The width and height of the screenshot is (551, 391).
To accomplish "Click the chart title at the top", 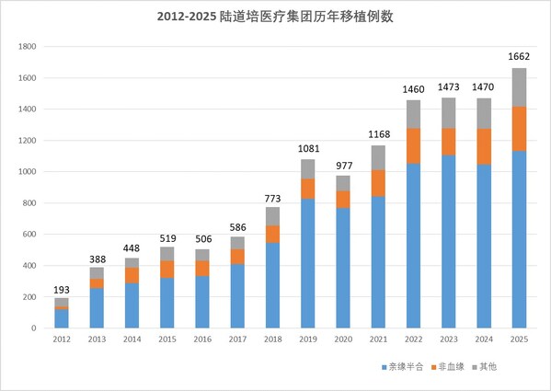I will (274, 17).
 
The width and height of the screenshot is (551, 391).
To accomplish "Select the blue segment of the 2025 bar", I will (520, 239).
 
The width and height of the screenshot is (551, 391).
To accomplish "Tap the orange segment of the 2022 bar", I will (415, 145).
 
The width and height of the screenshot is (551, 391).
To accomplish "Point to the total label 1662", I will (520, 57).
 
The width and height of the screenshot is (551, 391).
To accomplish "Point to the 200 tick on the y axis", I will (29, 297).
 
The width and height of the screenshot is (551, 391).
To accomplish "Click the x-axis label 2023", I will (450, 339).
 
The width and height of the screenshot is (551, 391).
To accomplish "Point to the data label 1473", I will (450, 87).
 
